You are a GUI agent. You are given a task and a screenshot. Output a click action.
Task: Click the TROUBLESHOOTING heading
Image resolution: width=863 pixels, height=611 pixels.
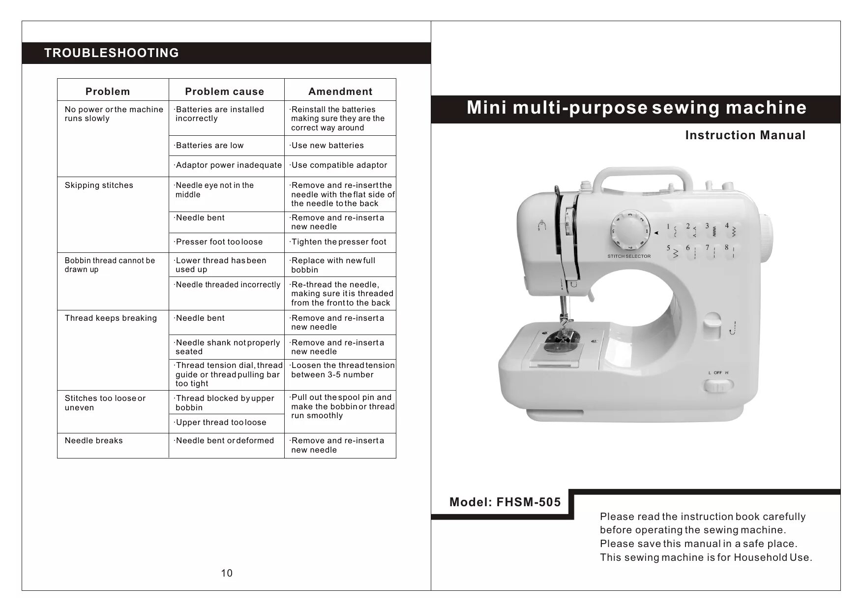click(112, 53)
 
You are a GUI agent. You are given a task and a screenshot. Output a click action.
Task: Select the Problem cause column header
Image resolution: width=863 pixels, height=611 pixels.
click(224, 92)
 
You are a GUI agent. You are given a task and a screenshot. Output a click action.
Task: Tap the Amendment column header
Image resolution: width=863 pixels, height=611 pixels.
click(340, 92)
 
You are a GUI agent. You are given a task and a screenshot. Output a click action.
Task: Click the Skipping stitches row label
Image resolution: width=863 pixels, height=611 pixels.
click(99, 185)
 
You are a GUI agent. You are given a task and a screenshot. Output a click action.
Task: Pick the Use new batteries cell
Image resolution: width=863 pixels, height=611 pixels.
click(327, 146)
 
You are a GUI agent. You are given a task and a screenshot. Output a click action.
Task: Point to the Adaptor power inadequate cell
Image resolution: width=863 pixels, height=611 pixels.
click(229, 165)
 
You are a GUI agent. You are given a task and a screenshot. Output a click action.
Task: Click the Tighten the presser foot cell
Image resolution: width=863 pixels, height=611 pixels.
click(339, 242)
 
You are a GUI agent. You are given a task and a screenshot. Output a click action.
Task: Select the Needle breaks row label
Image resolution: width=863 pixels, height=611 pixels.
click(93, 441)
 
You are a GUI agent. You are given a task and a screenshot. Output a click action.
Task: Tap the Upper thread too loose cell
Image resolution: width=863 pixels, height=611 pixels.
click(221, 423)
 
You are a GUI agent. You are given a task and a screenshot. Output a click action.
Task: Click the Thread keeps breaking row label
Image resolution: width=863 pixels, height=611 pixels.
click(111, 318)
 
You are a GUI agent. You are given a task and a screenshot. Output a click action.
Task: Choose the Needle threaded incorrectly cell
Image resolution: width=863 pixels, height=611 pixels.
click(228, 285)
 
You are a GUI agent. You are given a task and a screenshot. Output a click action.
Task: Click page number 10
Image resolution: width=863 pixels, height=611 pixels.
click(227, 573)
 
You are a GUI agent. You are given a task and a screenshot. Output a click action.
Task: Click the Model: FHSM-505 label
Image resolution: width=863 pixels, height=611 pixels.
click(505, 502)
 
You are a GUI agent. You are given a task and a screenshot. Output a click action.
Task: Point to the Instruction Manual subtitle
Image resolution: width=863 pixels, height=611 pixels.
click(745, 135)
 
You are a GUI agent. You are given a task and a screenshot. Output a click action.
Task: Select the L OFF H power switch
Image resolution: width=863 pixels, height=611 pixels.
click(718, 385)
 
